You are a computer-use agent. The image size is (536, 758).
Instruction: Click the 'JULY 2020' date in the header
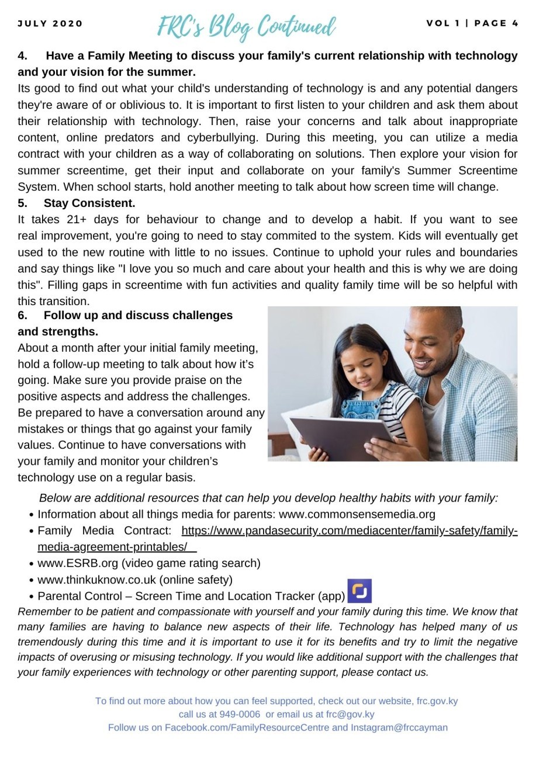pyautogui.click(x=50, y=24)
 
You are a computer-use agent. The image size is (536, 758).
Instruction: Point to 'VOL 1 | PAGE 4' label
pyautogui.click(x=472, y=23)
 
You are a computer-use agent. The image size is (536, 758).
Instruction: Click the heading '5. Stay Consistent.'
pyautogui.click(x=77, y=203)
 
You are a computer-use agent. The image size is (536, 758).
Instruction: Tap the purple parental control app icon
pyautogui.click(x=359, y=591)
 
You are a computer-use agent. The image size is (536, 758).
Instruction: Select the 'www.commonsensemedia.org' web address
pyautogui.click(x=357, y=514)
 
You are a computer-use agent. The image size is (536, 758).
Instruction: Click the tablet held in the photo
pyautogui.click(x=345, y=435)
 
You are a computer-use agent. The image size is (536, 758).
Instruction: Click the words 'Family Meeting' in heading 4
pyautogui.click(x=108, y=56)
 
